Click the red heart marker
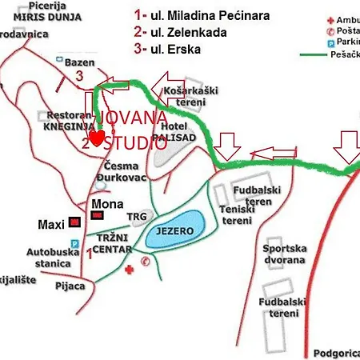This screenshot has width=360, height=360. (96, 139)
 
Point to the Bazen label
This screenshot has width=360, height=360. (82, 62)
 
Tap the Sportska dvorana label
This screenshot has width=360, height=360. (284, 254)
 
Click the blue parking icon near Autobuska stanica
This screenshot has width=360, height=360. (74, 244)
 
